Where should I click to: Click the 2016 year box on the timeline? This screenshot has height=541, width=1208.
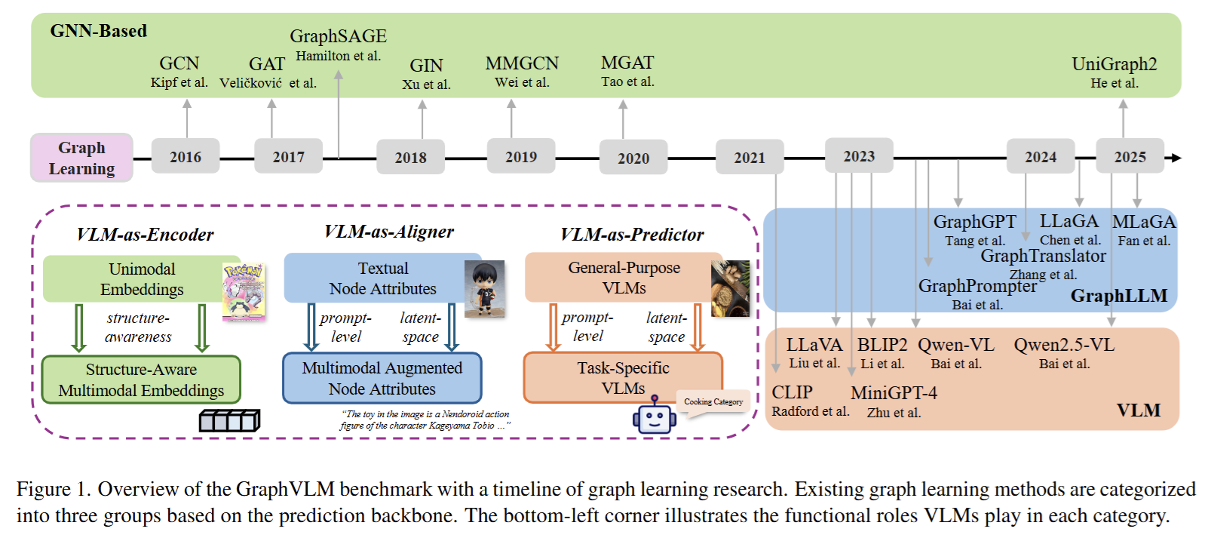(x=185, y=156)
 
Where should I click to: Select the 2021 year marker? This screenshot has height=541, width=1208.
(x=750, y=157)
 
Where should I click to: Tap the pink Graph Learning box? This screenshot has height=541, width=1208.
(x=81, y=158)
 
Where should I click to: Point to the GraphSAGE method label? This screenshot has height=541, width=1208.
(x=338, y=36)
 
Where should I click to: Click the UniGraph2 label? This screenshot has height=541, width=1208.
(x=1114, y=64)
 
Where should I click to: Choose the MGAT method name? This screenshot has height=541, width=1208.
(x=627, y=63)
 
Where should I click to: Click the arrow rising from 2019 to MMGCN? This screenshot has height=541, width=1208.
(x=511, y=118)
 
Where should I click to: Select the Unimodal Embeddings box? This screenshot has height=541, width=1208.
(x=142, y=279)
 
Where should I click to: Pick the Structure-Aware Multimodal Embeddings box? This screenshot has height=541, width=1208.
(x=141, y=380)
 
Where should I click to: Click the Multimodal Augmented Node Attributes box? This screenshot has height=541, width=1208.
(x=382, y=378)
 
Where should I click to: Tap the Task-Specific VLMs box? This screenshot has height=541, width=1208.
(x=623, y=377)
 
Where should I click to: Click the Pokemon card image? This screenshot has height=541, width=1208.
(x=244, y=292)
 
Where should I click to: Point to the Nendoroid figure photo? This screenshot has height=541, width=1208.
(x=485, y=289)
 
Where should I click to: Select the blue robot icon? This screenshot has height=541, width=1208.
(x=655, y=415)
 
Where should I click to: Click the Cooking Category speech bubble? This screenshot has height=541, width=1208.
(x=713, y=402)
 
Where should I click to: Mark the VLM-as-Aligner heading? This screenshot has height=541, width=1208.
(x=389, y=232)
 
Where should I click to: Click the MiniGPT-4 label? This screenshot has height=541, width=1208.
(x=894, y=392)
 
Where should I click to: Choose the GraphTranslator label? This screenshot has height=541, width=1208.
(x=1043, y=256)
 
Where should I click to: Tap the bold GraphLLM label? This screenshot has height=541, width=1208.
(x=1119, y=296)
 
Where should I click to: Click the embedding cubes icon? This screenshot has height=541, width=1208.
(x=230, y=421)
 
